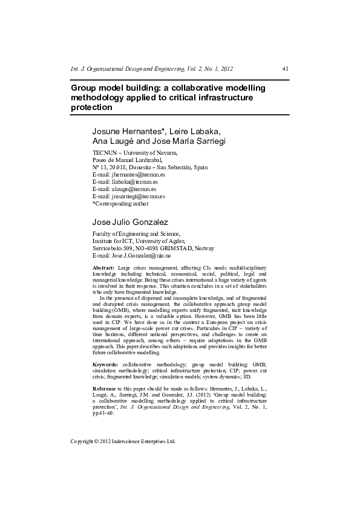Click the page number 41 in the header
(x=285, y=69)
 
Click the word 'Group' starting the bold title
(x=85, y=88)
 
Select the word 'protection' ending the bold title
(x=92, y=108)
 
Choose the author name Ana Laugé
(x=111, y=141)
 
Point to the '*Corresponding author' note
(x=120, y=204)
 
